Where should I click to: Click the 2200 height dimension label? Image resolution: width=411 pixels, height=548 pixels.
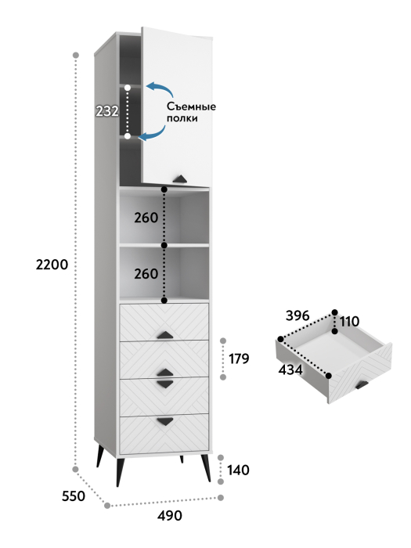click(52, 265)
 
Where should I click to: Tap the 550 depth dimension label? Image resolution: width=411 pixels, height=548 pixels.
click(74, 496)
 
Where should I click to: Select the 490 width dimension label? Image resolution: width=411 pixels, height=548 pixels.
click(170, 515)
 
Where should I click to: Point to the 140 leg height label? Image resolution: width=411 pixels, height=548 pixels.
click(238, 470)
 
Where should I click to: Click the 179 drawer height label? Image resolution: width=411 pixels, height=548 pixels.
click(239, 359)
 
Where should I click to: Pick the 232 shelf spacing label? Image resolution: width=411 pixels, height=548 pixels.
click(107, 111)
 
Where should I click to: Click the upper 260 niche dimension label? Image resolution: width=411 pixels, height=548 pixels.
click(146, 218)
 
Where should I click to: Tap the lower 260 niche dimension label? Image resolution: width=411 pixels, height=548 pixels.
click(146, 274)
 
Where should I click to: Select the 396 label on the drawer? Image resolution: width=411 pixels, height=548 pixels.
click(297, 315)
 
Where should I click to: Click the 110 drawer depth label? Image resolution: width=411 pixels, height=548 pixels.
click(349, 322)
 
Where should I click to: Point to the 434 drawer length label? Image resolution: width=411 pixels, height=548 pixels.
click(290, 370)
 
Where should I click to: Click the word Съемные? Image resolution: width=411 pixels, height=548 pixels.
click(191, 106)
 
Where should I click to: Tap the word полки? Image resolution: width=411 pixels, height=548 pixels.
click(182, 118)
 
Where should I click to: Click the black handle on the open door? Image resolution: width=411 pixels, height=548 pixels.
click(180, 178)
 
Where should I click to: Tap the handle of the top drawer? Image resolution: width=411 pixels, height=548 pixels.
click(164, 335)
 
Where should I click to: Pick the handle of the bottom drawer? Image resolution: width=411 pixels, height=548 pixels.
click(165, 421)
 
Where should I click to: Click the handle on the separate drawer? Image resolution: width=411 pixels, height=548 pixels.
click(362, 385)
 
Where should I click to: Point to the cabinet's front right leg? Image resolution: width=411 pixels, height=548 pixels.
click(205, 468)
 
